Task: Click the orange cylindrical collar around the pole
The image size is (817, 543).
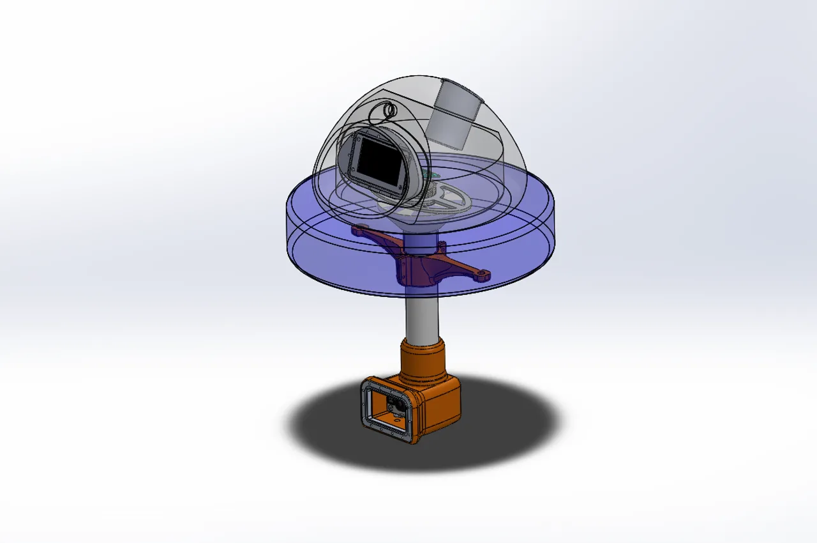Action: click(421, 362)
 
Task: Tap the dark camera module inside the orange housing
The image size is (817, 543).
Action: click(394, 405)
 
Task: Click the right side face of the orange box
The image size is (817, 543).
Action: click(440, 412)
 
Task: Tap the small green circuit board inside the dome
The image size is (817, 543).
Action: click(434, 176)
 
